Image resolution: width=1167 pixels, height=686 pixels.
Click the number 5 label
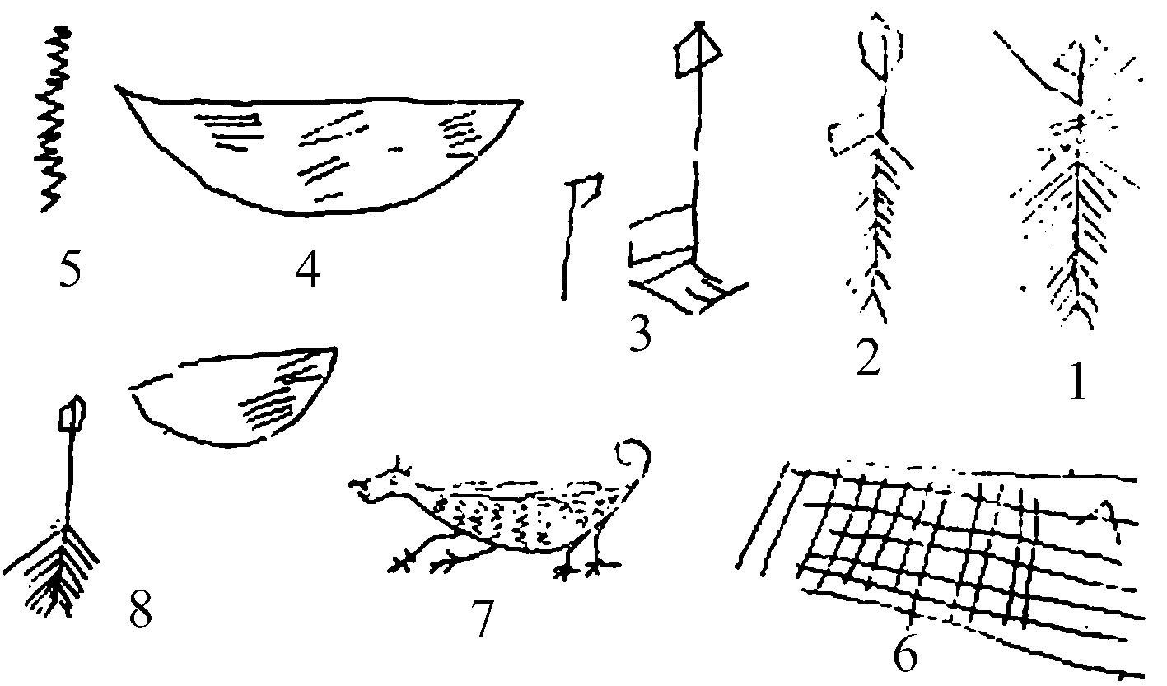point(70,272)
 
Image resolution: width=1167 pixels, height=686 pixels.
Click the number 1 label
point(1077,380)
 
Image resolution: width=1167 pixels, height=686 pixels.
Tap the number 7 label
point(483,618)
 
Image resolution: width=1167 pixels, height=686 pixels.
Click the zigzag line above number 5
point(54,119)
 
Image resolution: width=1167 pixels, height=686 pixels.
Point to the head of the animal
point(380,484)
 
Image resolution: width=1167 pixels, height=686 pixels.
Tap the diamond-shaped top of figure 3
point(699,51)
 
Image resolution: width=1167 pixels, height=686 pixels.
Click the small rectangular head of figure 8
point(72,414)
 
